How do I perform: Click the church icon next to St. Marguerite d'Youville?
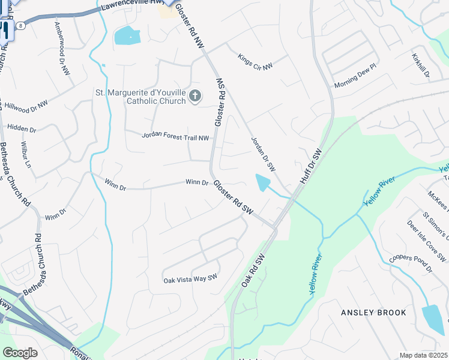(x=195, y=96)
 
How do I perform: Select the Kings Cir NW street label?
(x=255, y=62)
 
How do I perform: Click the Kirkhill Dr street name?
(x=421, y=65)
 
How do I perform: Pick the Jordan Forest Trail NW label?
(x=175, y=137)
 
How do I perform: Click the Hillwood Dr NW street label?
(x=26, y=106)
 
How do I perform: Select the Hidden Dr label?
(x=21, y=129)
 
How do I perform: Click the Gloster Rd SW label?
(x=234, y=200)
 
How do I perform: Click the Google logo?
(x=20, y=353)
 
